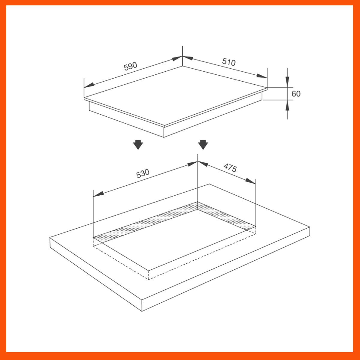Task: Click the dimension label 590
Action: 130,66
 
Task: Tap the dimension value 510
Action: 229,62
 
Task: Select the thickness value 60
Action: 296,94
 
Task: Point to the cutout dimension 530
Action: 143,173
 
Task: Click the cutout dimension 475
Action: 230,168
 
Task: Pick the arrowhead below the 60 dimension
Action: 287,105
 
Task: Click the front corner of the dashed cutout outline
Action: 149,279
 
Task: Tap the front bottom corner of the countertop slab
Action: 141,311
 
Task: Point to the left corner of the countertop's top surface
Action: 50,238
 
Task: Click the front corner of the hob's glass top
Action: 164,126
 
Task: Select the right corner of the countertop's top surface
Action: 309,228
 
